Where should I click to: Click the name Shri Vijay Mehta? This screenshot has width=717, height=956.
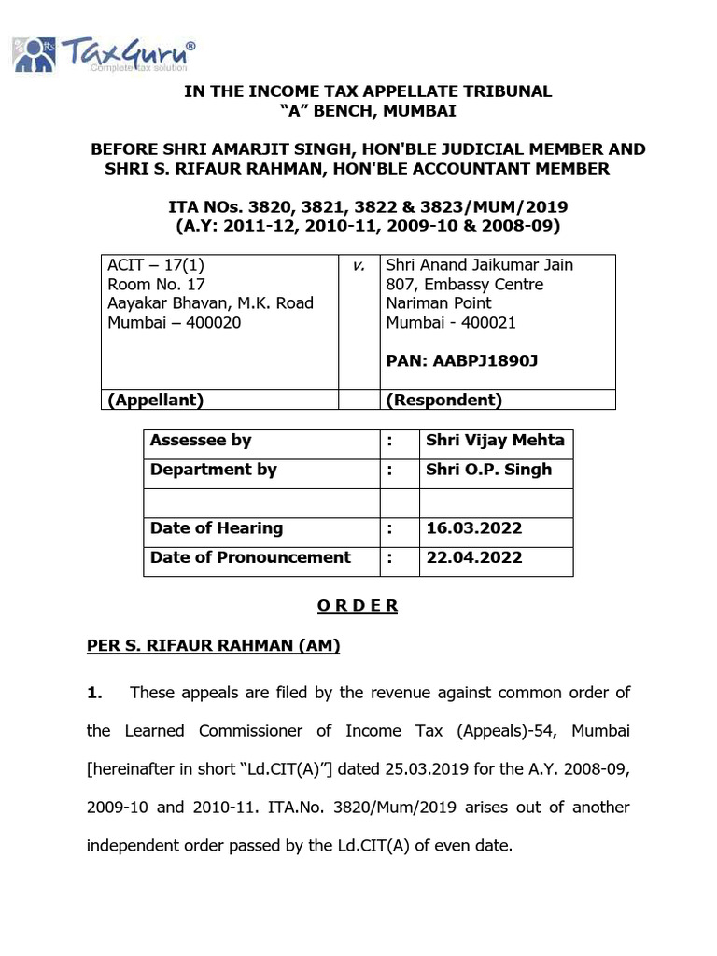coord(495,441)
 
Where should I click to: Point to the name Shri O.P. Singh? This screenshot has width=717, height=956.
coord(488,470)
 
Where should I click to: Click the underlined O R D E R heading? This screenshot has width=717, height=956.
coord(358,606)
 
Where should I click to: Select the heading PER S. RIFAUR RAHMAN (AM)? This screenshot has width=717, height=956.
coord(213,645)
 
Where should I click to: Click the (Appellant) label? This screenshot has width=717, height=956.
coord(156,401)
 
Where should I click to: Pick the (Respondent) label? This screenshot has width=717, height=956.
coord(444,401)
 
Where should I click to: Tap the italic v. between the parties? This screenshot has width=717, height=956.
coord(358,266)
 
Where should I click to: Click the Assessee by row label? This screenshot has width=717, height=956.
coord(201,441)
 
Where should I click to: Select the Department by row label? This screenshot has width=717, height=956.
coord(213,470)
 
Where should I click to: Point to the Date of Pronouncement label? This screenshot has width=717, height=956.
coord(250,557)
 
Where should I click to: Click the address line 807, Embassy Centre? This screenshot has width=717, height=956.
coord(465,285)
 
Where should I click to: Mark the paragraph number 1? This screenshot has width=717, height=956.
coord(93,693)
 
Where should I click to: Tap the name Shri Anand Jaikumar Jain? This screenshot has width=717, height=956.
coord(480,265)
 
